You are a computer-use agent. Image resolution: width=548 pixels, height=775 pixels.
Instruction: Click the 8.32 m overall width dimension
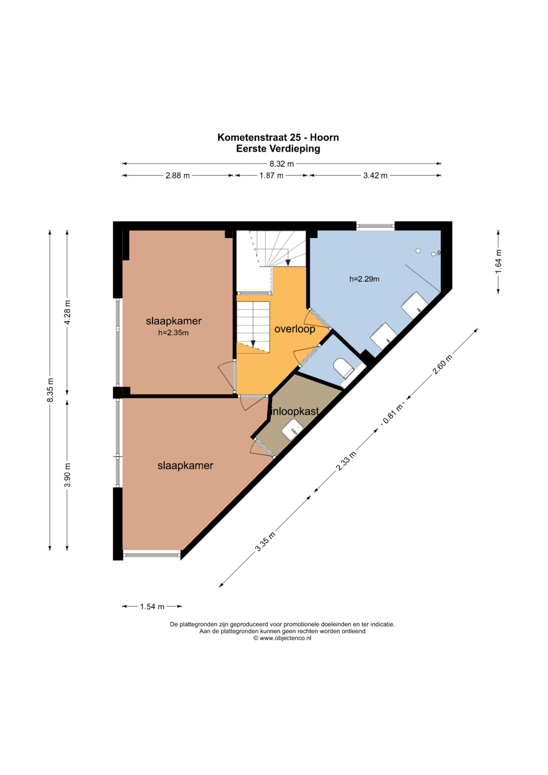point(282,163)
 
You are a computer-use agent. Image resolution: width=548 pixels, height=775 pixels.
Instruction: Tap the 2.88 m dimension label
point(178,176)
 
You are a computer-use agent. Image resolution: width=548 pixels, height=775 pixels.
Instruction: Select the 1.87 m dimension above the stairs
point(271,176)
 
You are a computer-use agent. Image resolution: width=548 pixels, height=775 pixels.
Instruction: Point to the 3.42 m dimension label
point(375,176)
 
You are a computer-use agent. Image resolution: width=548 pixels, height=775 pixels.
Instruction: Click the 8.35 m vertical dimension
point(50,390)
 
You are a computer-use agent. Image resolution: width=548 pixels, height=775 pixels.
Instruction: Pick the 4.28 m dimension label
point(67,312)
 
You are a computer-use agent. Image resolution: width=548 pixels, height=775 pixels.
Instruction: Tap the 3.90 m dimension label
point(67,475)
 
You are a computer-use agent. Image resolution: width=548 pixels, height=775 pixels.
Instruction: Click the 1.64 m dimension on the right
point(498,261)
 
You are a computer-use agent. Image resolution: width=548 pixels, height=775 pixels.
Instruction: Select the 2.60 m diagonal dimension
point(442,365)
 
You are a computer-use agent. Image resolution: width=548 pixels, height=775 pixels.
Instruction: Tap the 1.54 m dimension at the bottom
point(152,606)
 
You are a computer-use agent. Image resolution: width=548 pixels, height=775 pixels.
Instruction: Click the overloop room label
point(295,329)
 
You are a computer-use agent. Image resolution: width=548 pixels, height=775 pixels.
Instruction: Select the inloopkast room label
point(295,412)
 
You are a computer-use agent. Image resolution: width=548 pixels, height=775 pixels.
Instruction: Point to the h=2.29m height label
point(364,279)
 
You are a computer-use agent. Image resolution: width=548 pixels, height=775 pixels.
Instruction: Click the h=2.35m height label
point(174,333)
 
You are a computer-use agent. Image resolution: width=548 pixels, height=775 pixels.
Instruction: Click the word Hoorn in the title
point(324,138)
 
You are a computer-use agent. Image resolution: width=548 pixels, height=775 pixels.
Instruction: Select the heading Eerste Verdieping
point(278,149)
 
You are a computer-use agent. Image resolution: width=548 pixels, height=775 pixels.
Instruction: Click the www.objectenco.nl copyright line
point(282,638)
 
